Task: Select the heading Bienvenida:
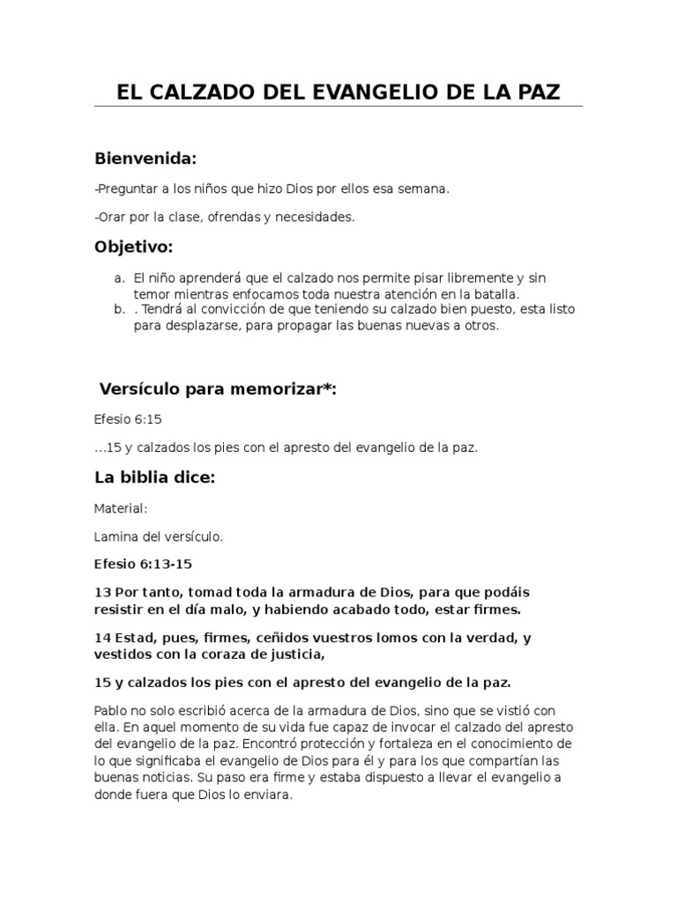[145, 159]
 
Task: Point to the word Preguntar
[126, 189]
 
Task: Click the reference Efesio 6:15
[123, 419]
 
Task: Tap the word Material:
[120, 508]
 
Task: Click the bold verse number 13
[100, 591]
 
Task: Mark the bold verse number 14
[100, 637]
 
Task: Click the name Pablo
[110, 710]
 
